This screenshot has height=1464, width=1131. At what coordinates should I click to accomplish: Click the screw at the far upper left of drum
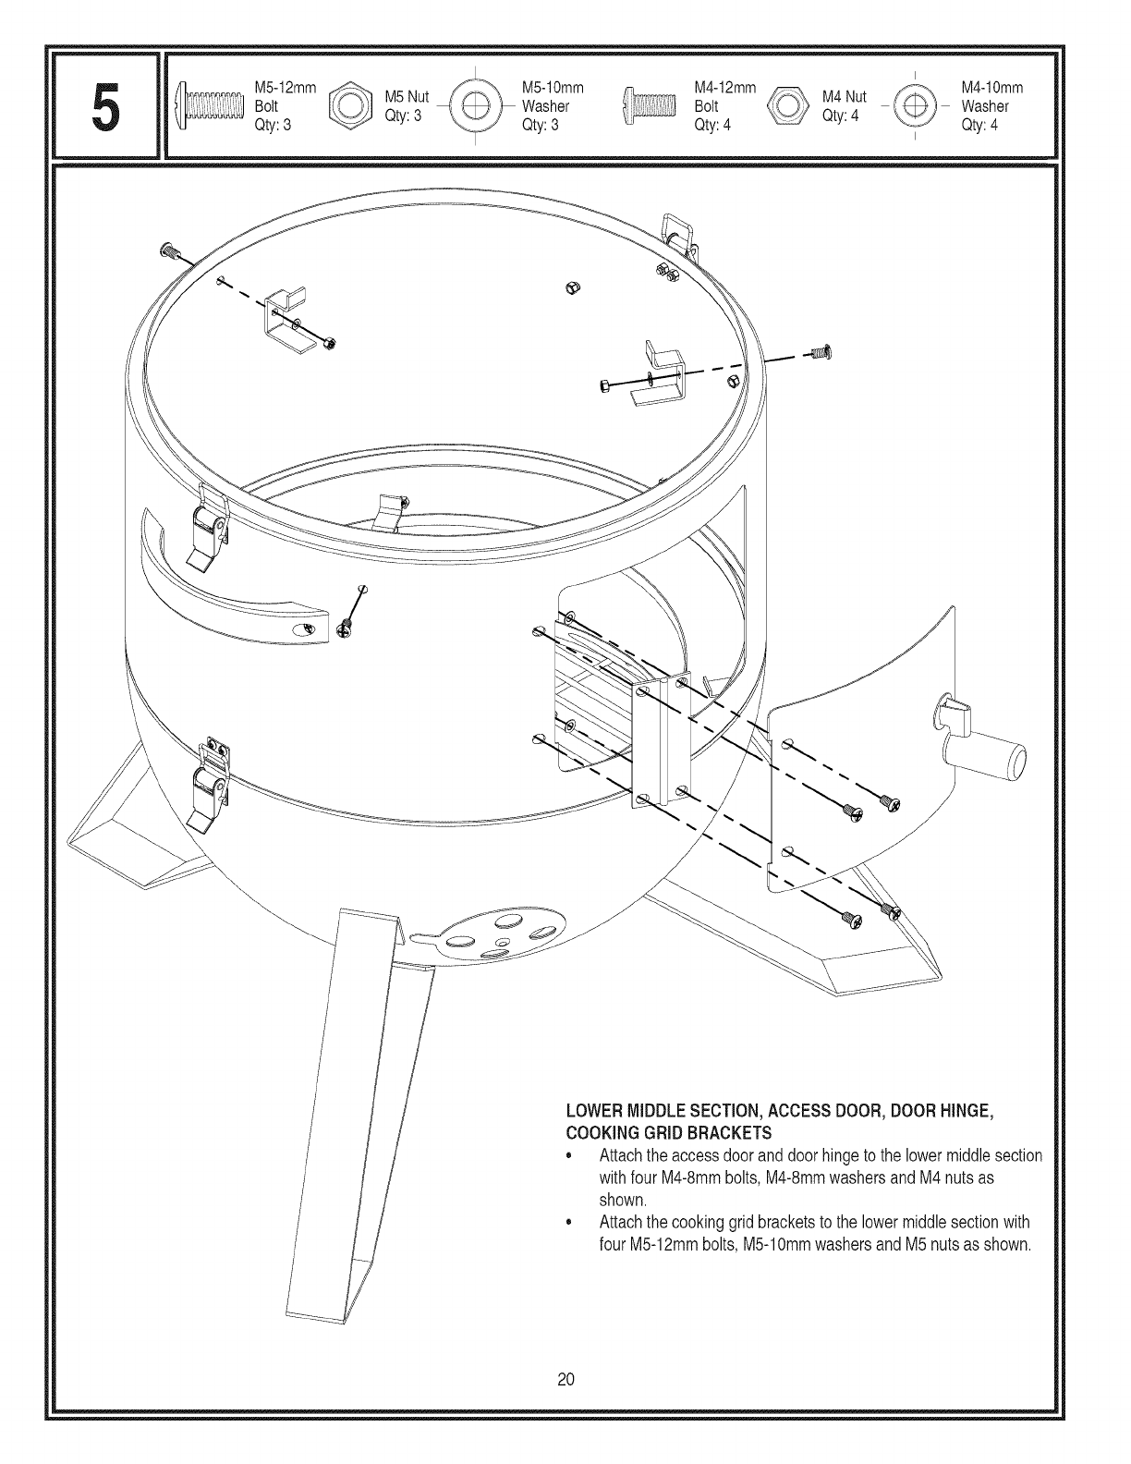point(167,250)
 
